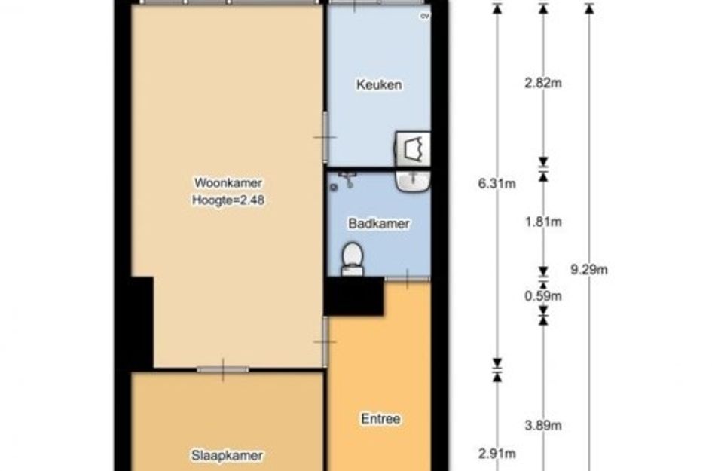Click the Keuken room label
pos(379,84)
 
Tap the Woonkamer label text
pos(228,182)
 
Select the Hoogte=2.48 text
pos(228,200)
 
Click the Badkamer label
pos(379,223)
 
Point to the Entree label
pos(380,418)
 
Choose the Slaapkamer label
pos(227,455)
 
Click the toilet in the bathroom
pos(352,259)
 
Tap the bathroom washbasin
pos(412,181)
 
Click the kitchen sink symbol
pos(412,148)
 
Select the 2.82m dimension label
pos(543,83)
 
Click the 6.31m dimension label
pos(497,183)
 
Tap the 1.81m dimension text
pos(543,222)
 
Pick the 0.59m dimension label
pos(543,296)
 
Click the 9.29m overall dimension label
pos(589,269)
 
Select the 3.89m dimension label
pos(543,425)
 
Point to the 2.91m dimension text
pos(497,453)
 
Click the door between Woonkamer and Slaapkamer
pos(223,370)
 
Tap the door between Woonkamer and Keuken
pos(325,136)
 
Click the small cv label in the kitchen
pos(425,16)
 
